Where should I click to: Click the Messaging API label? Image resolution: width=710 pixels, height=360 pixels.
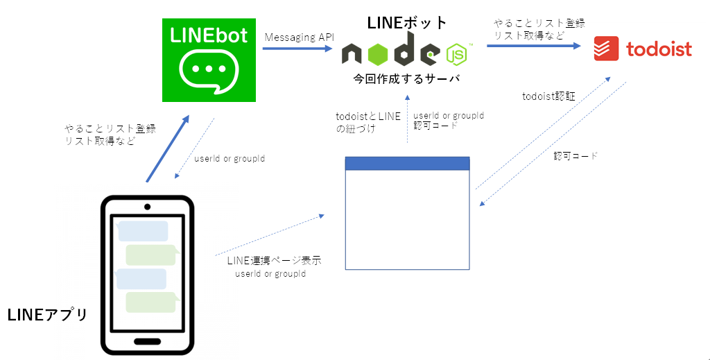tap(299, 37)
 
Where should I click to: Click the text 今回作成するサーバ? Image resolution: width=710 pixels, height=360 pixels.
tap(406, 78)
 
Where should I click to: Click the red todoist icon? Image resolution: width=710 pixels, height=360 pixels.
tap(606, 49)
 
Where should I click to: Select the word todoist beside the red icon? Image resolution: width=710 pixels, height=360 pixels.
tap(659, 49)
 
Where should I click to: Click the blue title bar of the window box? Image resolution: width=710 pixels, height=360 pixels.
tap(407, 163)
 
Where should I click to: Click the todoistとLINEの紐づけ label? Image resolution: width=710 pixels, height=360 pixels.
tap(367, 122)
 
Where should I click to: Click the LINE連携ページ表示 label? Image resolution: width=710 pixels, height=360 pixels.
tap(274, 261)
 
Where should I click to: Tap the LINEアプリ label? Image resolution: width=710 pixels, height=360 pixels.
tap(47, 315)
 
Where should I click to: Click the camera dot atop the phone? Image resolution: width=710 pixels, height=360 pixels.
tap(147, 207)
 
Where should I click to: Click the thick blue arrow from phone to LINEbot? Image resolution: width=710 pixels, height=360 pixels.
tap(167, 150)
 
